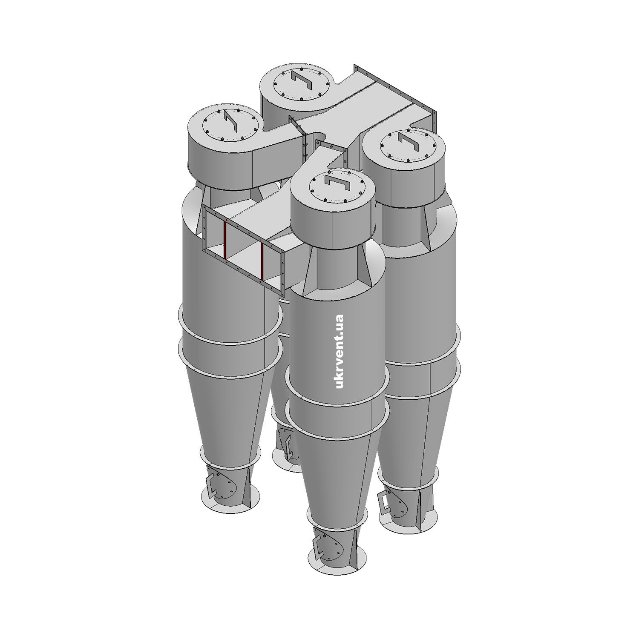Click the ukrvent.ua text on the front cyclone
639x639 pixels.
[x=340, y=351]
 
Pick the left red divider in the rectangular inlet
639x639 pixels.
[x=225, y=240]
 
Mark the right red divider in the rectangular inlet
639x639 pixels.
[x=262, y=262]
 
